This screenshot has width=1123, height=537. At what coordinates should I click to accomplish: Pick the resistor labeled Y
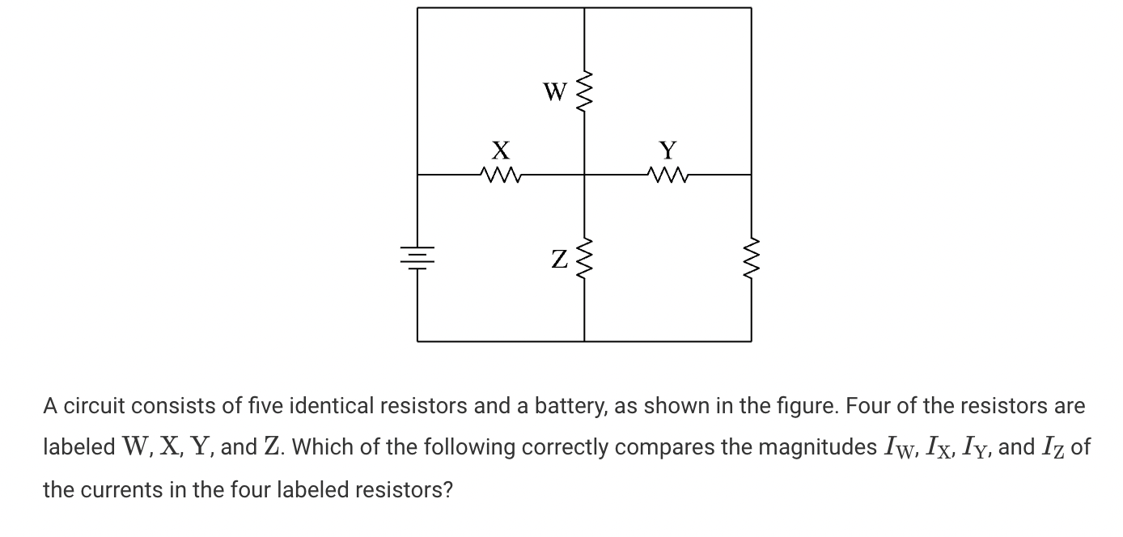tap(667, 173)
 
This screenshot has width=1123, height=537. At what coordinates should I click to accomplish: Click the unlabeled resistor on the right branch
tap(751, 257)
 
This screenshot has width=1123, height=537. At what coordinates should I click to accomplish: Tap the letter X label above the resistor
tap(501, 150)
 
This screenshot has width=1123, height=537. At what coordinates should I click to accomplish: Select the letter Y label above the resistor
tap(667, 150)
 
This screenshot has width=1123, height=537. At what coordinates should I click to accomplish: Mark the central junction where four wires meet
tap(584, 173)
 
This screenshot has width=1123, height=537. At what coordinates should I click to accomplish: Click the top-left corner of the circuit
tap(417, 8)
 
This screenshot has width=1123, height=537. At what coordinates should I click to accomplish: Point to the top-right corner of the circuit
tap(751, 8)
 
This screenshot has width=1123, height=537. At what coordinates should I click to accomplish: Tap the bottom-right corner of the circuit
tap(751, 340)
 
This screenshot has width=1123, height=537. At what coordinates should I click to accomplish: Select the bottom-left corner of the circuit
tap(417, 340)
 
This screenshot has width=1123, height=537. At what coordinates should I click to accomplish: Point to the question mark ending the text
tap(447, 489)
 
